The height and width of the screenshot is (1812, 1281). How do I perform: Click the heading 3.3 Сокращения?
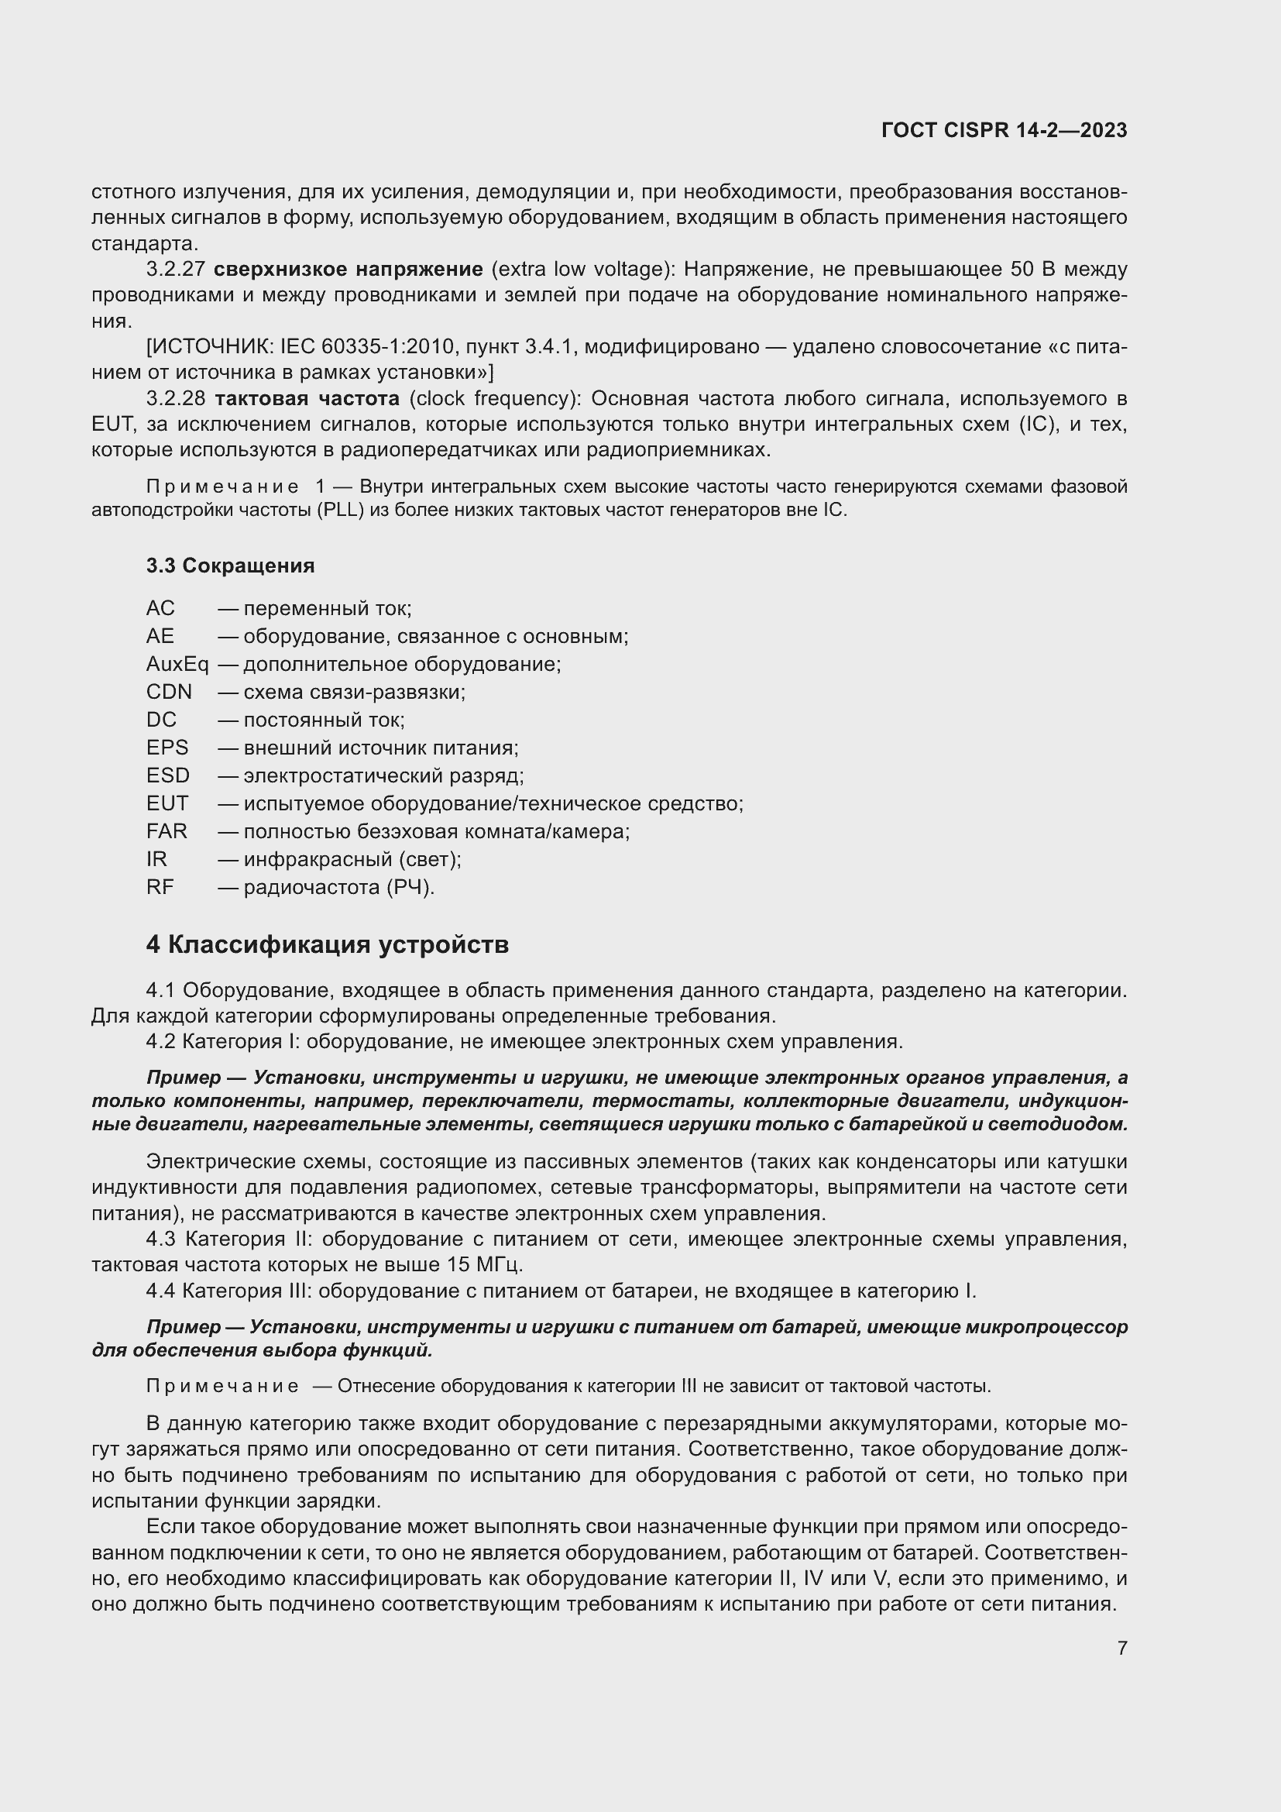point(229,566)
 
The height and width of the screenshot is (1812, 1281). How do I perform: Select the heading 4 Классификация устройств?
point(327,944)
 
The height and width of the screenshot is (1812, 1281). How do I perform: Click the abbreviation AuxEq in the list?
point(177,665)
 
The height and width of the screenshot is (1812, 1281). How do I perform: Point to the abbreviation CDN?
point(169,692)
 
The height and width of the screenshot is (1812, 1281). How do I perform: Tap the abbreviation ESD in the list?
point(167,775)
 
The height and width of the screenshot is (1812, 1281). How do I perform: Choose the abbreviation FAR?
point(167,832)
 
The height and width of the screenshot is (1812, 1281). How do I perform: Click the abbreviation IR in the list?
point(156,859)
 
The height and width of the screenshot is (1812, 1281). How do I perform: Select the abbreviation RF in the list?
point(160,888)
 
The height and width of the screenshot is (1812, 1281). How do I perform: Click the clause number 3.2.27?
point(175,270)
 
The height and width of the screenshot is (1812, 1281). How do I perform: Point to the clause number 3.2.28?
point(175,398)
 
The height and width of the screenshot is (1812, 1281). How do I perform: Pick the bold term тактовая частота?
point(307,398)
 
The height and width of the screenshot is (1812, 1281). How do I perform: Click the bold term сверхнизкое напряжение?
point(348,270)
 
